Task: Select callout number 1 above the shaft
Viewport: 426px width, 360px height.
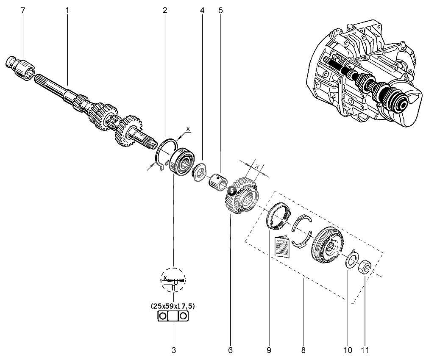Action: pyautogui.click(x=67, y=10)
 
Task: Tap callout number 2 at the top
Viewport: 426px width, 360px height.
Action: pyautogui.click(x=164, y=10)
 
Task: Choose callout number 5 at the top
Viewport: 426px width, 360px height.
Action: pyautogui.click(x=220, y=10)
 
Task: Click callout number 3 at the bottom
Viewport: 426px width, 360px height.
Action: pyautogui.click(x=173, y=350)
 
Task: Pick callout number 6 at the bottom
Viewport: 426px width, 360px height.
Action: pyautogui.click(x=230, y=350)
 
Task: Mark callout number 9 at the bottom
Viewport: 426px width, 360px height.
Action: pyautogui.click(x=269, y=350)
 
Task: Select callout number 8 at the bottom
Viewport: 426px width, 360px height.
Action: pyautogui.click(x=303, y=350)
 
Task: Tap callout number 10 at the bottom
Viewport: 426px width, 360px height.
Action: pyautogui.click(x=348, y=350)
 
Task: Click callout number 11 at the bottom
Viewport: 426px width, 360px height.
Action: pyautogui.click(x=365, y=350)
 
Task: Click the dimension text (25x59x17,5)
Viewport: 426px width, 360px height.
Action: pyautogui.click(x=173, y=305)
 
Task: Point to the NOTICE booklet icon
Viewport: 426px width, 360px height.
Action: pyautogui.click(x=282, y=249)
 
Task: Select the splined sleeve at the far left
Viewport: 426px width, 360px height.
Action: pyautogui.click(x=22, y=68)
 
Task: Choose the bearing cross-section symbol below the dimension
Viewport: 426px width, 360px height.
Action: pyautogui.click(x=173, y=316)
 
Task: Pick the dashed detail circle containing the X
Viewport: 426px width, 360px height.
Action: pyautogui.click(x=173, y=280)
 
